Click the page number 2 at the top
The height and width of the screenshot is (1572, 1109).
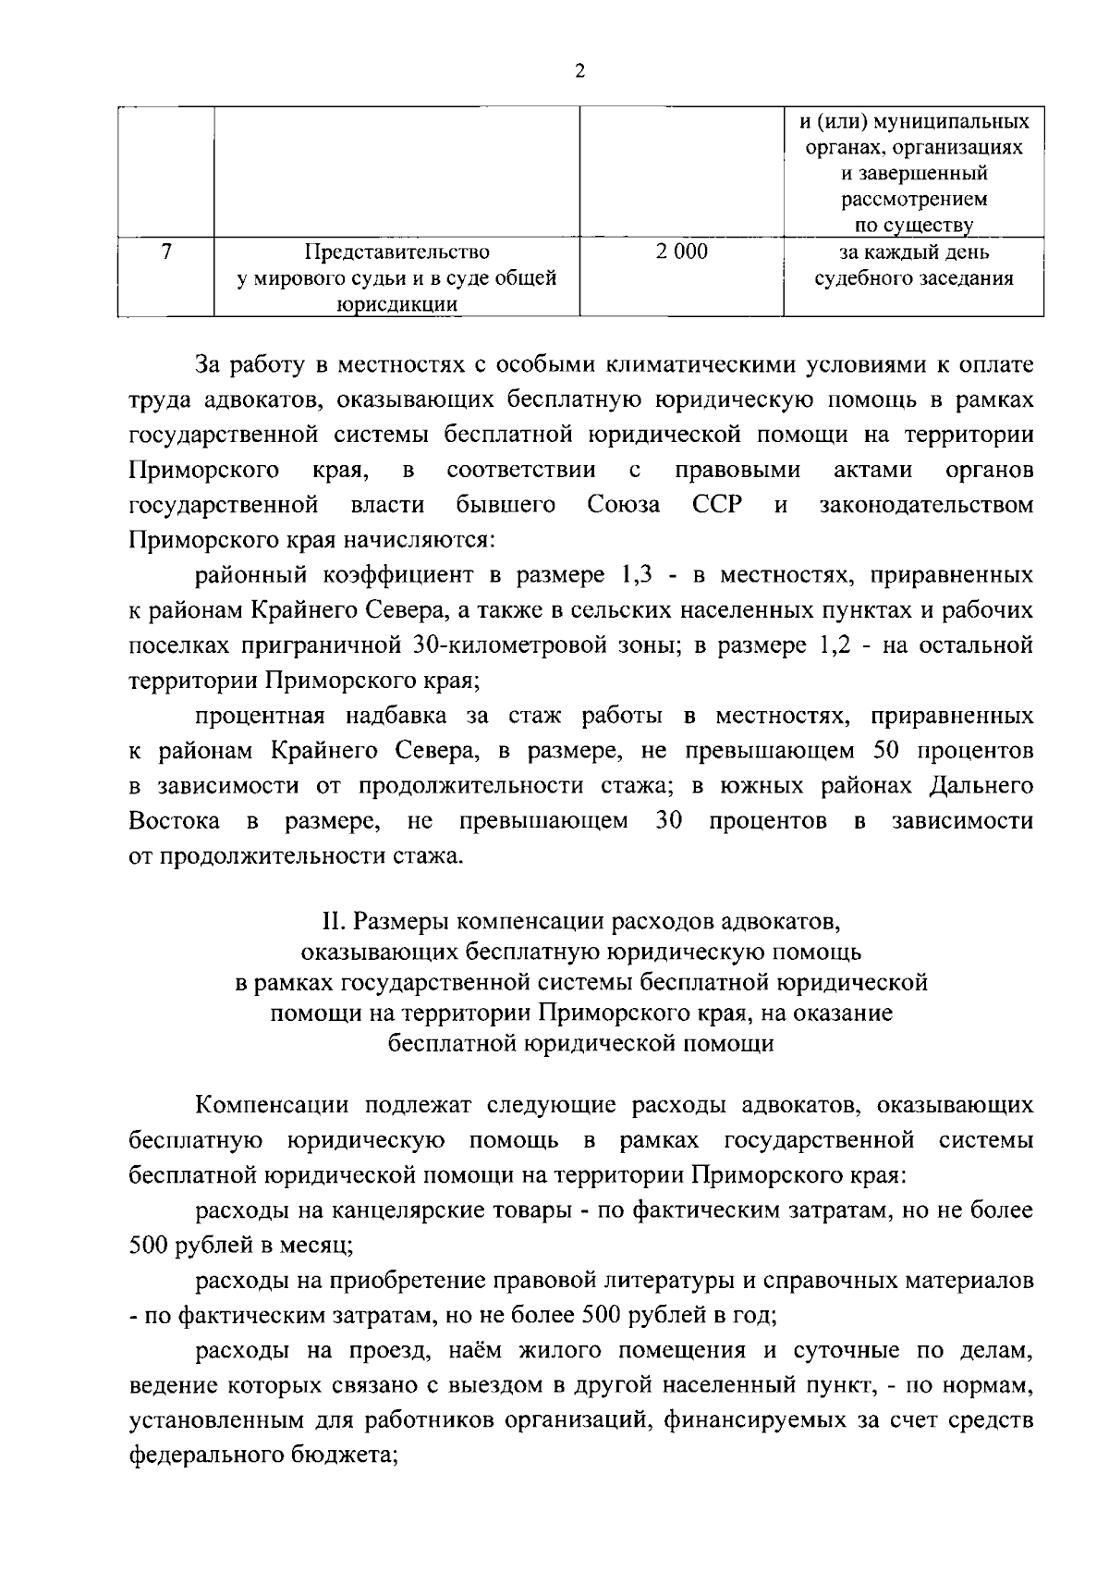coord(579,72)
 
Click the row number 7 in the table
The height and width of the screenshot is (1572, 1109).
coord(166,252)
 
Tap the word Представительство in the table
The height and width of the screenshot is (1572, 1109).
coord(397,252)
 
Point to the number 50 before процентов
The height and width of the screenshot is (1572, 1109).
coord(886,750)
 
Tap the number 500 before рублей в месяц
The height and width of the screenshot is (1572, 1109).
coord(149,1246)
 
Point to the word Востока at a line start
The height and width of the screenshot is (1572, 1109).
coord(175,821)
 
